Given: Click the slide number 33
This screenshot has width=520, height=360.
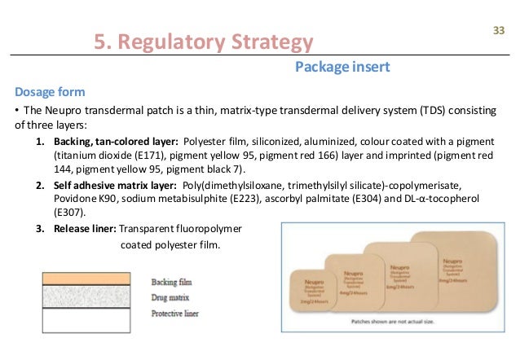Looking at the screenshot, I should click(499, 31).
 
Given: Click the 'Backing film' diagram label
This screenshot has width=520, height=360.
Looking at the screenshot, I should click(171, 282).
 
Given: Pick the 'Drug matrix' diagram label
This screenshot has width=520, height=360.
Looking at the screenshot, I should click(170, 297).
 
